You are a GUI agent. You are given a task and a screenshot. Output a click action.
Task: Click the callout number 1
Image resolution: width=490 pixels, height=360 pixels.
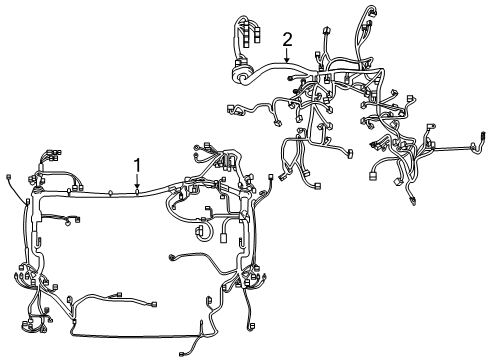137,166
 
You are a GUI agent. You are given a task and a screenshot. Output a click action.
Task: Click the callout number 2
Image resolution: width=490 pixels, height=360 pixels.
287,40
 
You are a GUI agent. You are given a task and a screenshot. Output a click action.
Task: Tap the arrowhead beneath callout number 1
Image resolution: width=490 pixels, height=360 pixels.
137,186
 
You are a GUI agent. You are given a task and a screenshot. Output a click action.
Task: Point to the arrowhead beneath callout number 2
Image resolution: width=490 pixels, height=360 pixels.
287,60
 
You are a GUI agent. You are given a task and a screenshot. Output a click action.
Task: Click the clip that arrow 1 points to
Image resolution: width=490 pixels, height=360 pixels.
137,192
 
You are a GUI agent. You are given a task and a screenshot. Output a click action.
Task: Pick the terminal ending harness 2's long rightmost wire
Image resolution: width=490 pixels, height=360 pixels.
482,135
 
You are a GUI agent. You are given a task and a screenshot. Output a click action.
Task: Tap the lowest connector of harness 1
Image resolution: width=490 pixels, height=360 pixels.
182,354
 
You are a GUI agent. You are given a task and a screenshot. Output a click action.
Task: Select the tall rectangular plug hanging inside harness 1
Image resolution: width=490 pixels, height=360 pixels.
223,238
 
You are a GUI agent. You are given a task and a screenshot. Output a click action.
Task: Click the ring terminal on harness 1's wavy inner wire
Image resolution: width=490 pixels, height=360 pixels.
172,257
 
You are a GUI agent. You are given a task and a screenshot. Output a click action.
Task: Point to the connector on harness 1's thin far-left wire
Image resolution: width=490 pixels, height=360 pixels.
9,176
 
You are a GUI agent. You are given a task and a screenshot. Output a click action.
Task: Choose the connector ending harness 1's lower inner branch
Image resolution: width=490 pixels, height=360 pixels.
154,304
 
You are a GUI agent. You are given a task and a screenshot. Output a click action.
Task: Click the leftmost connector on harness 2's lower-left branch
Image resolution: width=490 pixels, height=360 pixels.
230,108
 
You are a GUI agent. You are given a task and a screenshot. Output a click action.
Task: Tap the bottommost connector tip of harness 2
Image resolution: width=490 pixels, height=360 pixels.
413,202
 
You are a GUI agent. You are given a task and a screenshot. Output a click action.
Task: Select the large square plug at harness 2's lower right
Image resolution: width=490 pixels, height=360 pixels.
373,175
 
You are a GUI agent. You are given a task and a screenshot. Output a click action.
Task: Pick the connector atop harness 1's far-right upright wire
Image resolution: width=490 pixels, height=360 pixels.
271,176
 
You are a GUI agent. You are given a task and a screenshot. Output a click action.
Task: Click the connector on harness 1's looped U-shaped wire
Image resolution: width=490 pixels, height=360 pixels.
200,231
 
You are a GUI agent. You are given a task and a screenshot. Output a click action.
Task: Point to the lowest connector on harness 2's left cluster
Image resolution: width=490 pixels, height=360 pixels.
317,186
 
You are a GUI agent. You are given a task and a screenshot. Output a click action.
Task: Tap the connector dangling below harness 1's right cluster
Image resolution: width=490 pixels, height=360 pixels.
252,326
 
